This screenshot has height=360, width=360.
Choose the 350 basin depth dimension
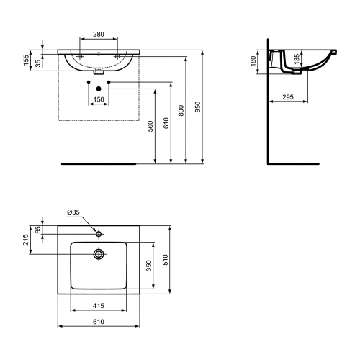(x=149, y=265)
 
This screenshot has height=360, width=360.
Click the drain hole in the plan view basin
(x=99, y=253)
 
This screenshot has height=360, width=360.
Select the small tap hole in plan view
(x=99, y=233)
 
